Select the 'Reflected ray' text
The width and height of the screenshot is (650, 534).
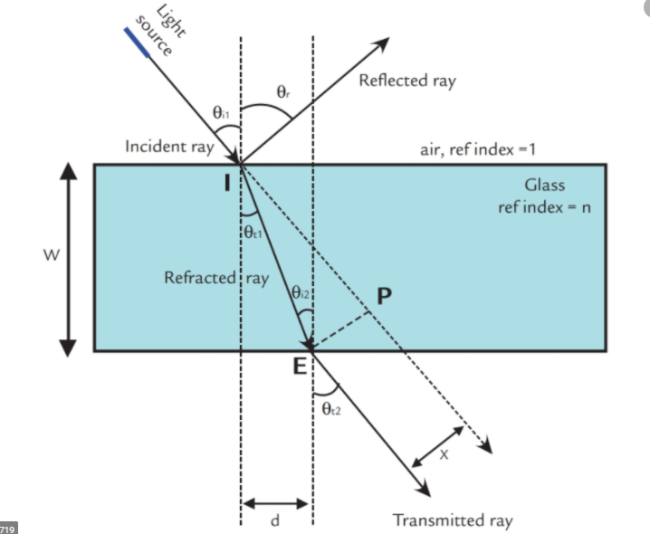click(x=407, y=81)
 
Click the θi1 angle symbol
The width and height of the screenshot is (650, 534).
click(x=222, y=113)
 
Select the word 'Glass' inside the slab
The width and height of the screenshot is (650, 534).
click(x=545, y=186)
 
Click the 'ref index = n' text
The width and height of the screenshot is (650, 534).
click(x=544, y=206)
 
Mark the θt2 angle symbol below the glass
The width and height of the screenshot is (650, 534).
click(x=331, y=409)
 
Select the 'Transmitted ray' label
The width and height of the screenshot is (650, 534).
click(x=452, y=520)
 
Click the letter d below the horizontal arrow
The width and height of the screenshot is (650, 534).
click(x=275, y=520)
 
